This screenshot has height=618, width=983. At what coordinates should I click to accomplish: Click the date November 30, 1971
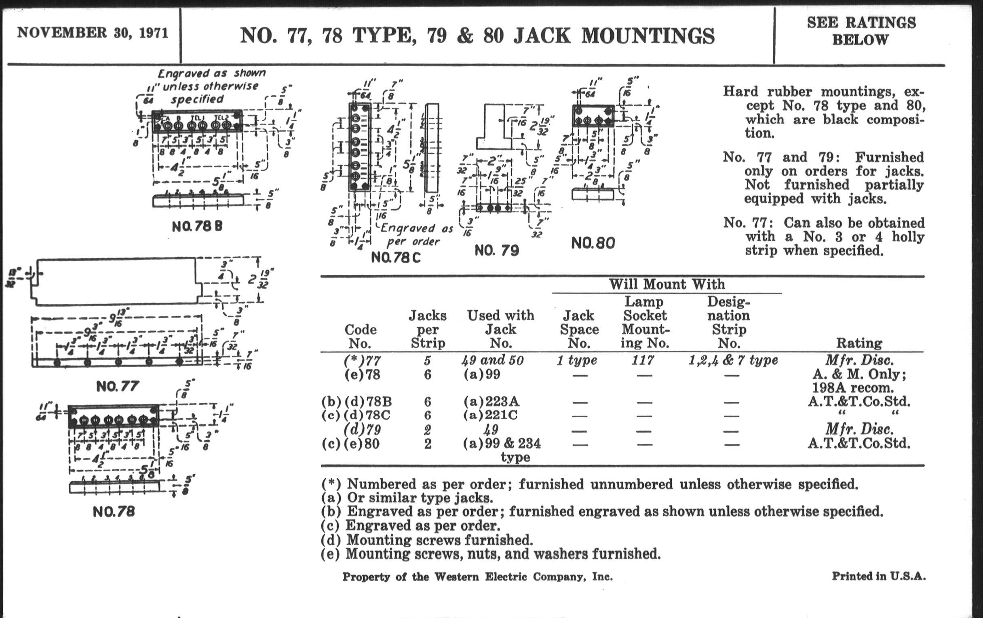tap(93, 33)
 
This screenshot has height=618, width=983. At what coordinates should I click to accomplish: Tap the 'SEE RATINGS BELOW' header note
tap(861, 31)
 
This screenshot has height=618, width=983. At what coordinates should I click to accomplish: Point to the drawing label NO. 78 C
tap(395, 258)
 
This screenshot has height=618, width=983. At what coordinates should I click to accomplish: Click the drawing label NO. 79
tap(496, 250)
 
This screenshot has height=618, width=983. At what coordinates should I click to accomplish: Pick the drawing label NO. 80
tap(593, 243)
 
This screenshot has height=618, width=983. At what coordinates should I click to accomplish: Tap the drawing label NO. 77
tap(118, 386)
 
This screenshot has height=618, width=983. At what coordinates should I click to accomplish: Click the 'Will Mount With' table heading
tap(667, 284)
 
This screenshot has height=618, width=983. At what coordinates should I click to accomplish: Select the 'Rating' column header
tap(859, 343)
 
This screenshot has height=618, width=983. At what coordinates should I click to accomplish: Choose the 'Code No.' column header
tap(360, 336)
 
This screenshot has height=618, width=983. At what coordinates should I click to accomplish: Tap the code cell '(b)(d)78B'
tap(356, 402)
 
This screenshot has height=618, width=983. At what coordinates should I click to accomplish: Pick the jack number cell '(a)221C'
tap(490, 415)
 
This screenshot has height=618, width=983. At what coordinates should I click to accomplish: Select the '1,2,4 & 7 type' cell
tap(733, 360)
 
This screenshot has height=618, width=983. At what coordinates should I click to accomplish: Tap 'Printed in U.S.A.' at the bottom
tap(878, 576)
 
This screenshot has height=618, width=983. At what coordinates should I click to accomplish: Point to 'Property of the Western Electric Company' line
tap(477, 577)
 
